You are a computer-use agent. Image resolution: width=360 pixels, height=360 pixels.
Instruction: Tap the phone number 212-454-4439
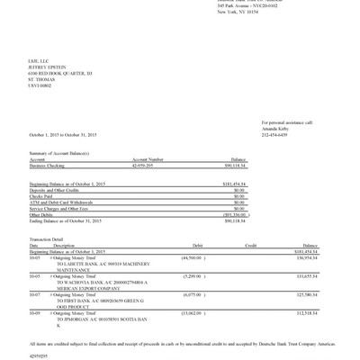tap(275, 134)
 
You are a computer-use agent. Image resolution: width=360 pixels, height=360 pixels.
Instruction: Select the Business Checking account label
tap(49, 165)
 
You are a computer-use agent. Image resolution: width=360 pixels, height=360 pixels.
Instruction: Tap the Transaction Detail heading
tap(46, 238)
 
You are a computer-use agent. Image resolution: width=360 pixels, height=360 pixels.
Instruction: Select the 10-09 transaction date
tap(34, 312)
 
